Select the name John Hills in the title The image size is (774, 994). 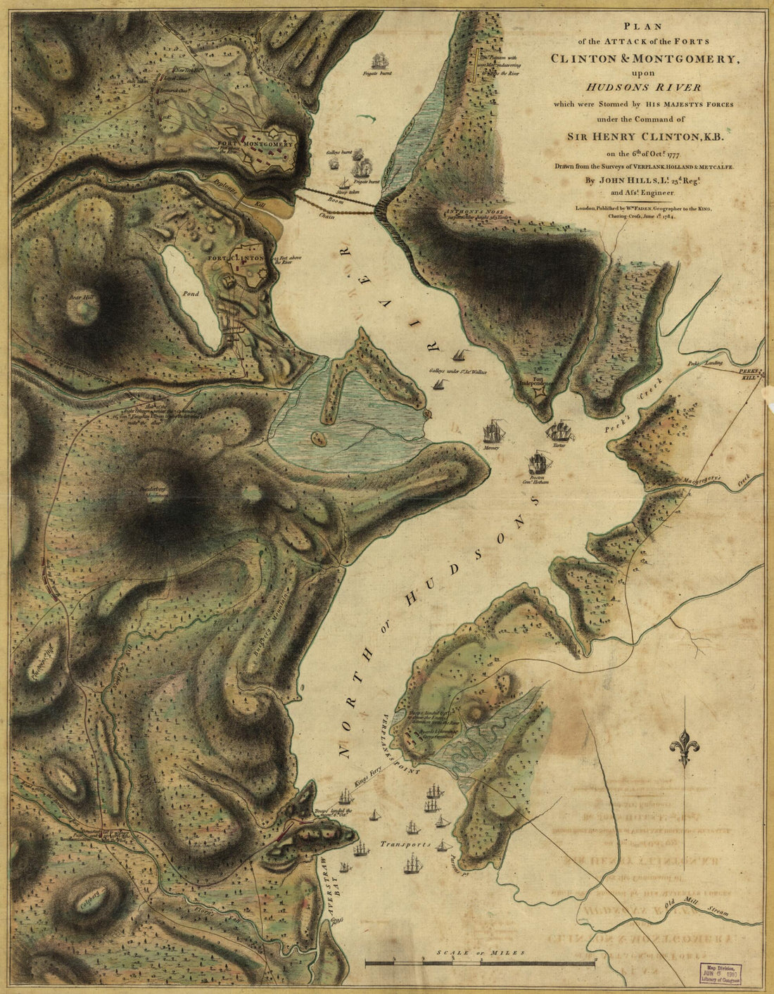[x=625, y=179]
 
